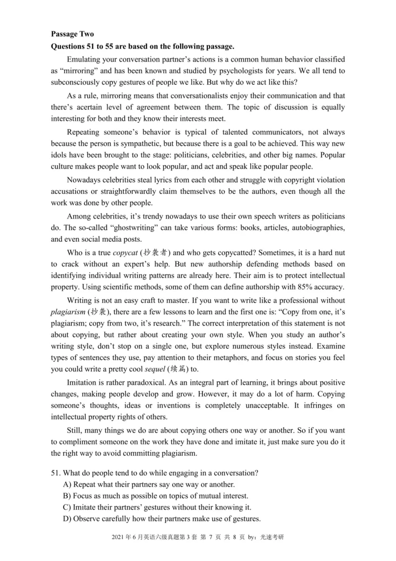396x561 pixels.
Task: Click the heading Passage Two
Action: point(72,34)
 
